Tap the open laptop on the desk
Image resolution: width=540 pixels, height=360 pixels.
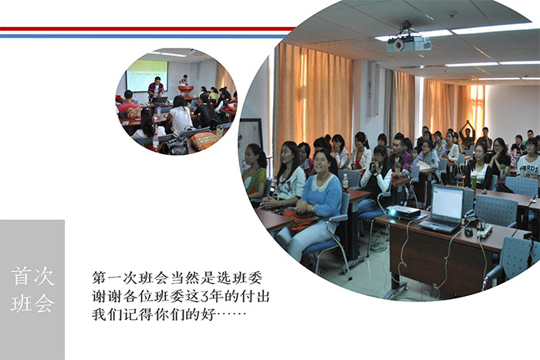[443, 209]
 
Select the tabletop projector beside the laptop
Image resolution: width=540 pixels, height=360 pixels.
[403, 212]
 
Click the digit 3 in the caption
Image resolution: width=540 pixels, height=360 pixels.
[205, 296]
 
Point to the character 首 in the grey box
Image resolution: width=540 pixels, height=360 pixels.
[22, 277]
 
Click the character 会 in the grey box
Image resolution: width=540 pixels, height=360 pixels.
[45, 303]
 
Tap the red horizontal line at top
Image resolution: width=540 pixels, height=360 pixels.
[147, 29]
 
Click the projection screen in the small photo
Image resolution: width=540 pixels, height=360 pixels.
[147, 76]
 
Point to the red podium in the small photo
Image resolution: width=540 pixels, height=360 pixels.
[186, 91]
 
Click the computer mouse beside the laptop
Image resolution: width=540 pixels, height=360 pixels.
[468, 231]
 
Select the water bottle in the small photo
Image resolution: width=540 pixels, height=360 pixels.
[156, 142]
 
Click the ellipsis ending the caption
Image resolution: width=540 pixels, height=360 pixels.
[231, 314]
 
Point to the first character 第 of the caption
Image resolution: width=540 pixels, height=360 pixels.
[100, 278]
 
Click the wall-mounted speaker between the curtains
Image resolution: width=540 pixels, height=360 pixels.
[373, 89]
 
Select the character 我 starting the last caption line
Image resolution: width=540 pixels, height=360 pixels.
[100, 315]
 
